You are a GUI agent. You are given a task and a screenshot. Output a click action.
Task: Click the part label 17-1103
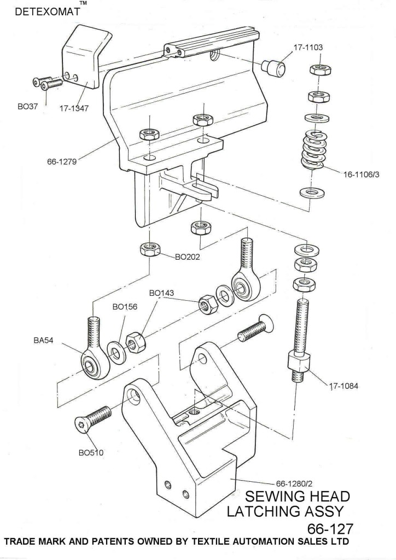pyautogui.click(x=308, y=48)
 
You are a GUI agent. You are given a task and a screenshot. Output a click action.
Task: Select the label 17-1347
pyautogui.click(x=74, y=108)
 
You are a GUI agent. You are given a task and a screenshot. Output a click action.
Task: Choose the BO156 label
pyautogui.click(x=125, y=306)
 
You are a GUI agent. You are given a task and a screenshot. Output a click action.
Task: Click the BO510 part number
pyautogui.click(x=92, y=452)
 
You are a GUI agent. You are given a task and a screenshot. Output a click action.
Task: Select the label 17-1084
pyautogui.click(x=343, y=387)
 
